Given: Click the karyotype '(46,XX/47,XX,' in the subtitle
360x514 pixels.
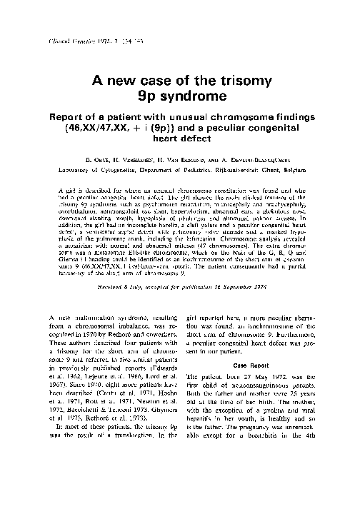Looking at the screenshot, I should click(109, 129).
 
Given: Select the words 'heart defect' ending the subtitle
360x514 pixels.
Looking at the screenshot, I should click(181, 141).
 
